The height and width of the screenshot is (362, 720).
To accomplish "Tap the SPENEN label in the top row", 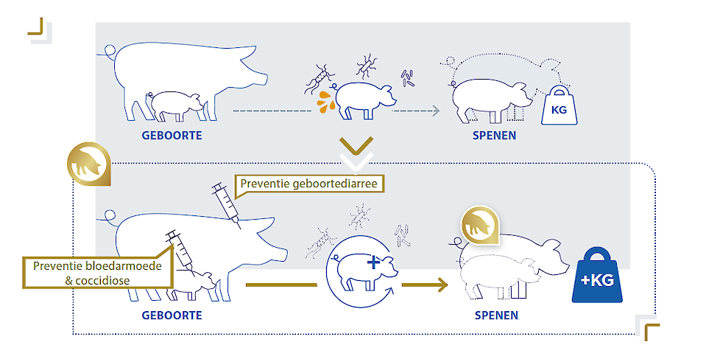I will tap(495, 136).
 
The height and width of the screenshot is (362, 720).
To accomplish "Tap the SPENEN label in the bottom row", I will tap(495, 316).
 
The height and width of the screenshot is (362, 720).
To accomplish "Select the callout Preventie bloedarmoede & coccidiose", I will tap(99, 272).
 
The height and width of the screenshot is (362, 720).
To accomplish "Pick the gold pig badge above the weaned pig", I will tap(476, 225).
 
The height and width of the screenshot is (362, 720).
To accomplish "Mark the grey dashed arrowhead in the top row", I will tap(435, 111).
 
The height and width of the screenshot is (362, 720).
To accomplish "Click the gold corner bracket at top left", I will tap(36, 28).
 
